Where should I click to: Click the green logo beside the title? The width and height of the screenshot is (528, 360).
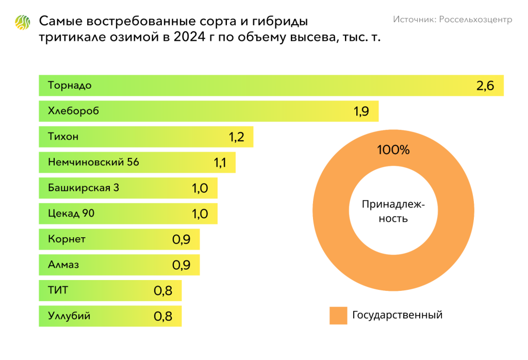23,23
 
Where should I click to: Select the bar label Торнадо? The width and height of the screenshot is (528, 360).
70,85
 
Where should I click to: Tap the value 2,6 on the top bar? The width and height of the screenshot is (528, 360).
485,86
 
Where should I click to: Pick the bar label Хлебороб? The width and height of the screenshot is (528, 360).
73,111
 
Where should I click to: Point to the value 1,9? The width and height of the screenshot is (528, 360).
361,111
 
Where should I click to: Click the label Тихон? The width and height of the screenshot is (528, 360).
63,137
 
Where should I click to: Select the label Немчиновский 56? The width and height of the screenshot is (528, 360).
93,162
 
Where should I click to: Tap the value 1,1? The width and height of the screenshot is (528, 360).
220,163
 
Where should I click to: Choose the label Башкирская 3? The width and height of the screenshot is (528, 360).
84,188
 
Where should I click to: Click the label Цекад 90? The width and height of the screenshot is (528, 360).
71,214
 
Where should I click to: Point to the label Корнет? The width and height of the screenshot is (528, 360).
67,239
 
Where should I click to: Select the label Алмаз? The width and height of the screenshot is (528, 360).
63,265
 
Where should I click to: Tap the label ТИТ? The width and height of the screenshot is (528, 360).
58,290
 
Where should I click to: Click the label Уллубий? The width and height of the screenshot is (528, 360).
69,316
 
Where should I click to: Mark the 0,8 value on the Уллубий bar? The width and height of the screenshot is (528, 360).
163,316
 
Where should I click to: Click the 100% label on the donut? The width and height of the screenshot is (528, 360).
393,151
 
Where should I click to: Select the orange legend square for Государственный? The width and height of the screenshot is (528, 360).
338,315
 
